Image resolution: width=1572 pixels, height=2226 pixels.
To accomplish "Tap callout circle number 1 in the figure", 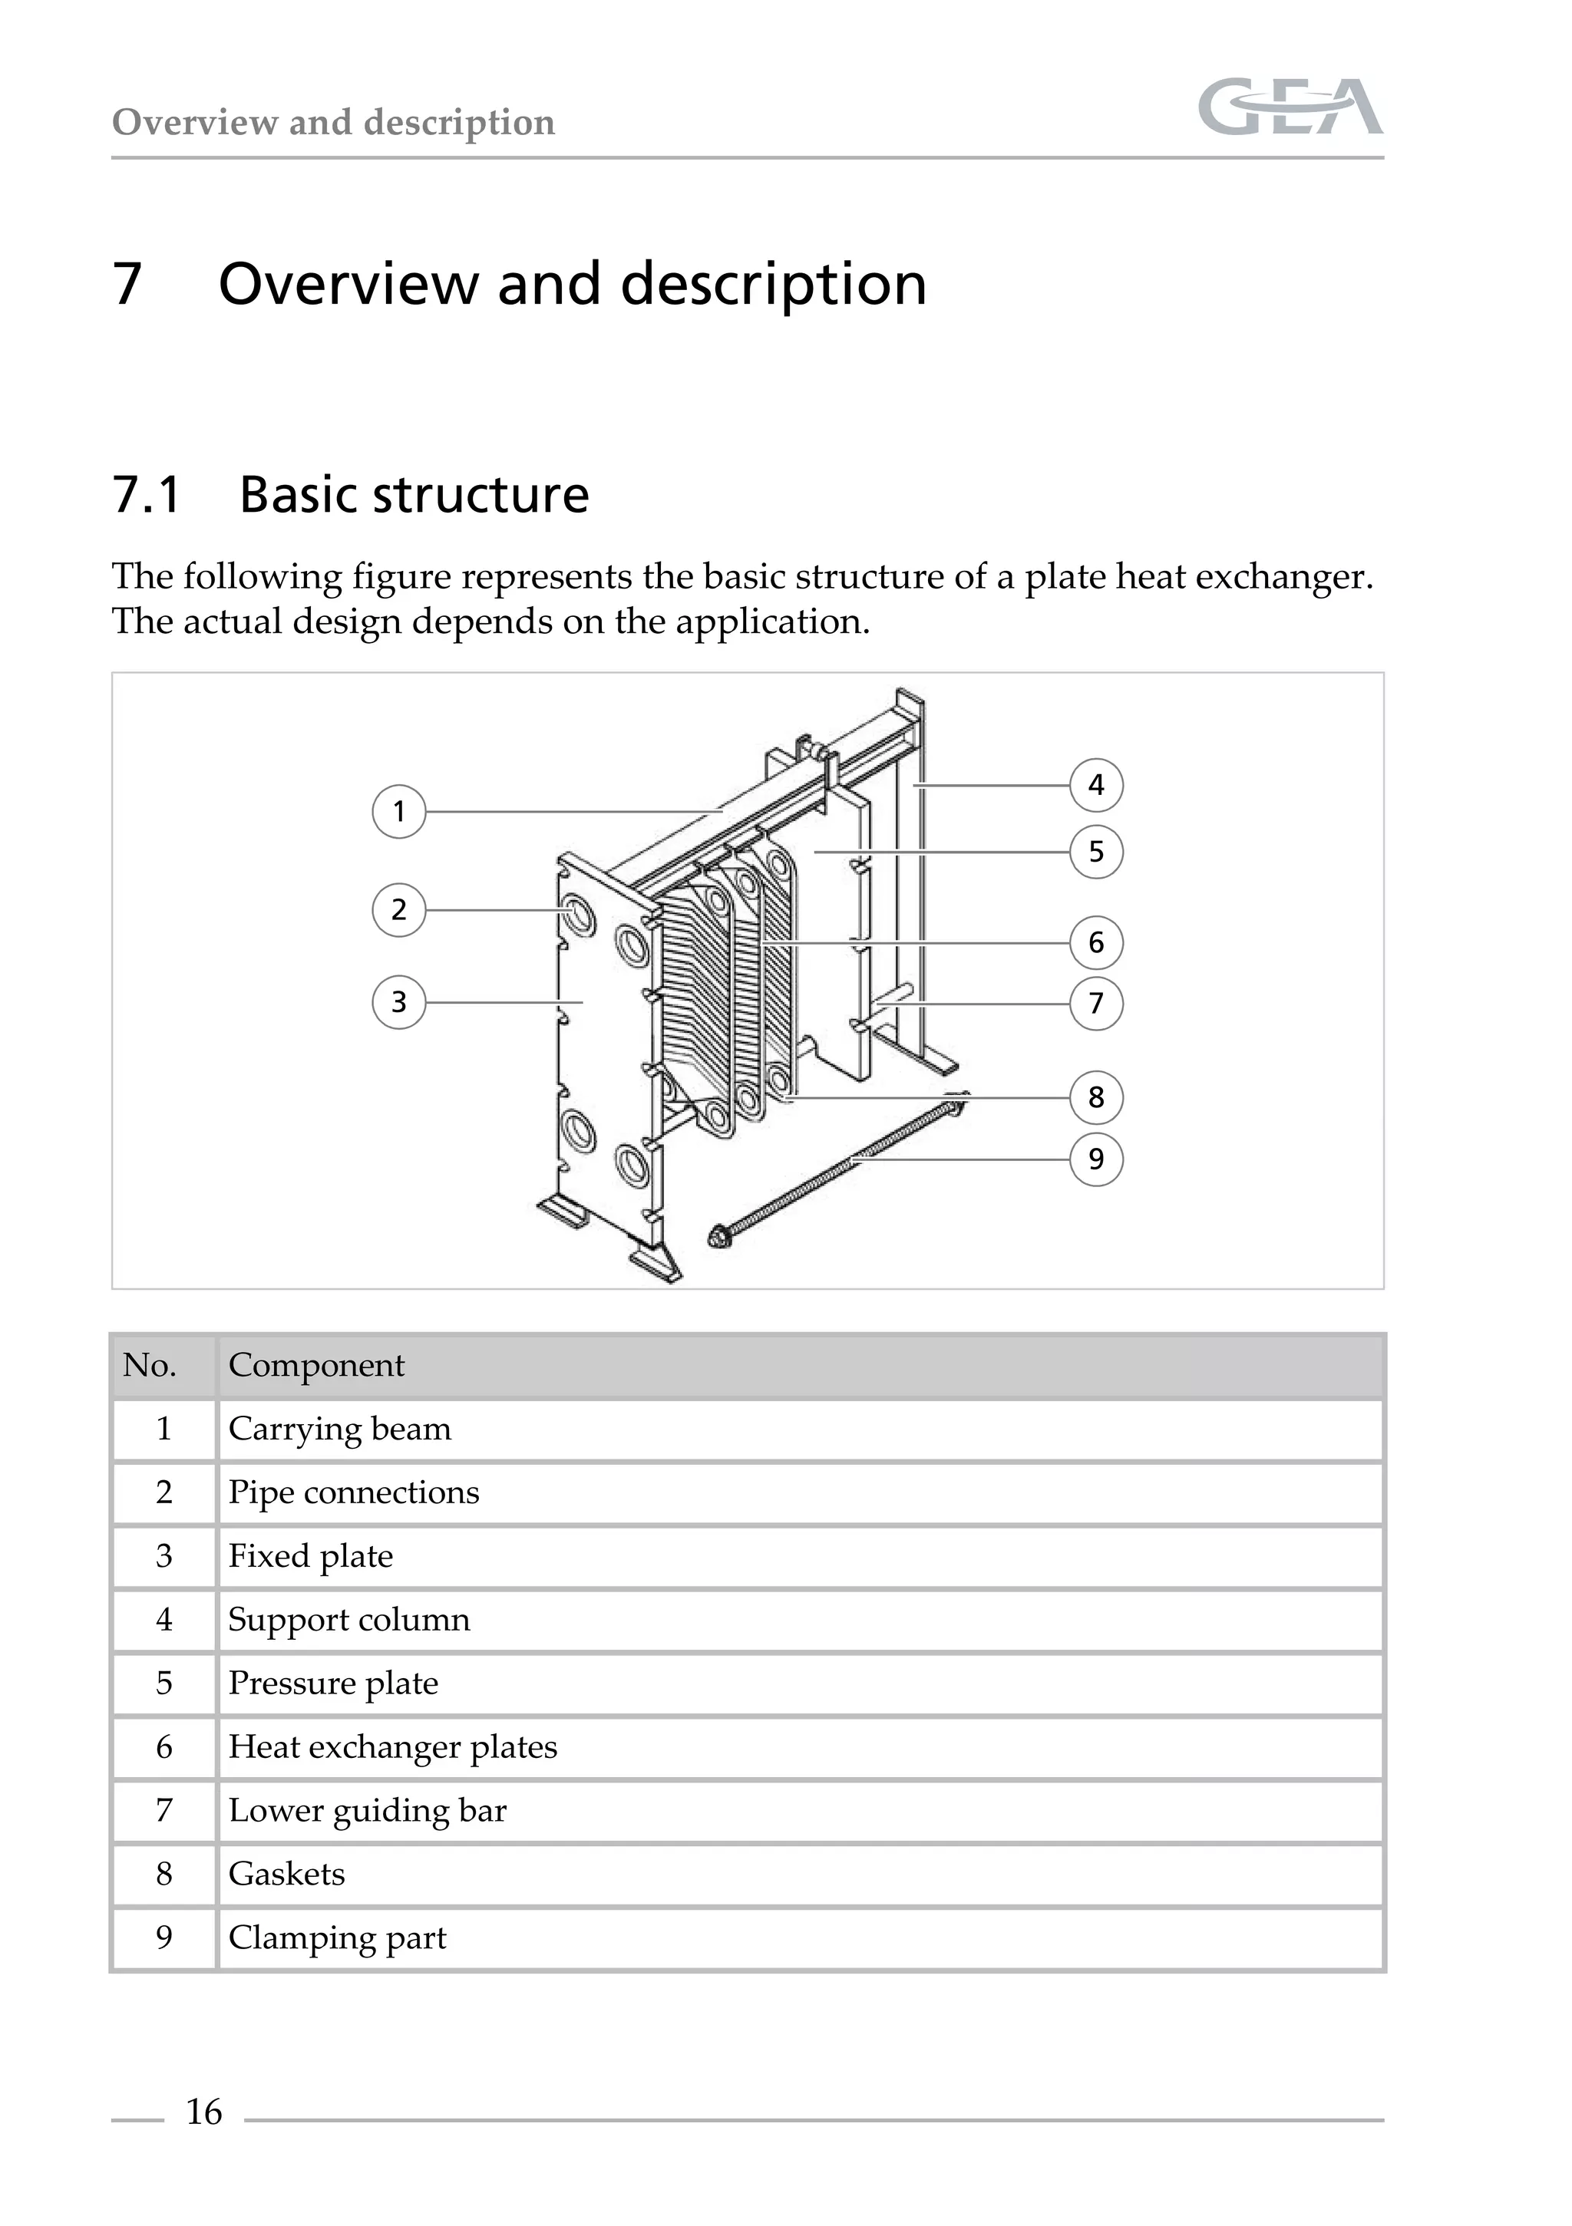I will [x=398, y=812].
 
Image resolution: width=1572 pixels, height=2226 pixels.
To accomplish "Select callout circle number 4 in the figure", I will [x=1096, y=784].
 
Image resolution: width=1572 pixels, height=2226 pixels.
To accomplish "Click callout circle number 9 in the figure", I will [x=1096, y=1159].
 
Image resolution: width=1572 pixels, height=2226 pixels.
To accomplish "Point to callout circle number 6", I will [x=1096, y=942].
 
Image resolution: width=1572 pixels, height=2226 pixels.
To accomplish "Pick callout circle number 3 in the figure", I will [x=398, y=1001].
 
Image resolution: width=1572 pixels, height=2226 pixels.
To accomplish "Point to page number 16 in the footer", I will [x=203, y=2112].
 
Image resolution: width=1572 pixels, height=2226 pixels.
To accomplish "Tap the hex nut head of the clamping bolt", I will [x=719, y=1236].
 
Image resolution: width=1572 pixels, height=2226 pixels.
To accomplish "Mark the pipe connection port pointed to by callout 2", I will [x=577, y=913].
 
